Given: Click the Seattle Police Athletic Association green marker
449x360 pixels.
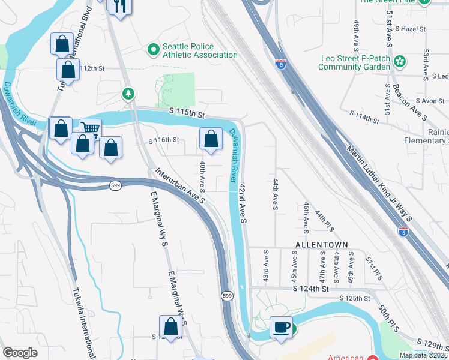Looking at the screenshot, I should coord(154,49).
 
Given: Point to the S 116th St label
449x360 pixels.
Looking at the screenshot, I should coord(164,140).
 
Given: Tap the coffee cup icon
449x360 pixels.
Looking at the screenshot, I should coord(281,328).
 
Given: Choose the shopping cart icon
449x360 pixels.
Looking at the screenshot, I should coord(90,128).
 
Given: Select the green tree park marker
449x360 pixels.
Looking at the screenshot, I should coord(128,94).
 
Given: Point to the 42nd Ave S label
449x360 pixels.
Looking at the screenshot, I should coord(243,203).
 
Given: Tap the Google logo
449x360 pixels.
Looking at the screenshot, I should coord(20,353).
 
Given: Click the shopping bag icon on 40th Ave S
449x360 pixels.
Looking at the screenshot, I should coord(211,139).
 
